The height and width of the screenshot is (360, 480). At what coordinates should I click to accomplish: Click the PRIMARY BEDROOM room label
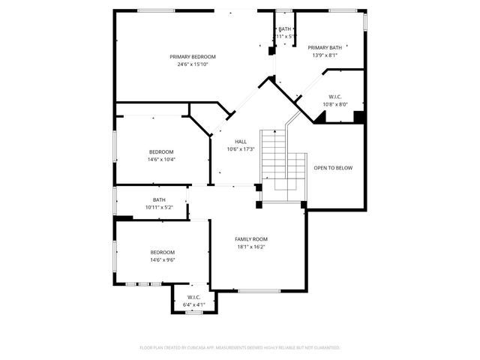pyautogui.click(x=193, y=57)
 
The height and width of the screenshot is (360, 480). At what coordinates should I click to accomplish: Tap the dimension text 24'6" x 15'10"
pyautogui.click(x=193, y=64)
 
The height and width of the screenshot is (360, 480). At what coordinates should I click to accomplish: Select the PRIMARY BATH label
pyautogui.click(x=324, y=47)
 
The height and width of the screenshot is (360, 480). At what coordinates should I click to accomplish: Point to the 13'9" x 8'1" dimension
pyautogui.click(x=324, y=55)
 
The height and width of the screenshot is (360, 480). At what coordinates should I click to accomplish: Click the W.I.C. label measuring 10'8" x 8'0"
pyautogui.click(x=334, y=97)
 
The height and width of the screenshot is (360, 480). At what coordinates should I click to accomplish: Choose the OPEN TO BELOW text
pyautogui.click(x=332, y=168)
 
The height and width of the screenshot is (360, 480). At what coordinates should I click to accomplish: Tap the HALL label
pyautogui.click(x=241, y=141)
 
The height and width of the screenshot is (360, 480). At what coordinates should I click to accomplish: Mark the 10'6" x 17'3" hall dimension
pyautogui.click(x=241, y=148)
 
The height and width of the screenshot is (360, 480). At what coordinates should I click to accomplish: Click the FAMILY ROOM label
pyautogui.click(x=251, y=238)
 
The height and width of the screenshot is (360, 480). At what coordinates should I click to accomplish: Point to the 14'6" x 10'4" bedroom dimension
pyautogui.click(x=161, y=159)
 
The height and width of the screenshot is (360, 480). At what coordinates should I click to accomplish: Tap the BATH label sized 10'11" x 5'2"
pyautogui.click(x=159, y=199)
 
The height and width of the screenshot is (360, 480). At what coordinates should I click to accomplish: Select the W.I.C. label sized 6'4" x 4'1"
pyautogui.click(x=193, y=298)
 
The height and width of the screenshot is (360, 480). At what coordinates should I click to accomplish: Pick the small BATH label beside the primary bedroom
pyautogui.click(x=284, y=28)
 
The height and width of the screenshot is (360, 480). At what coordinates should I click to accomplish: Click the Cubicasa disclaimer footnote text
pyautogui.click(x=240, y=347)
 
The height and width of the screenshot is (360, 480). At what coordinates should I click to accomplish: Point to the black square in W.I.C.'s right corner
pyautogui.click(x=358, y=117)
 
